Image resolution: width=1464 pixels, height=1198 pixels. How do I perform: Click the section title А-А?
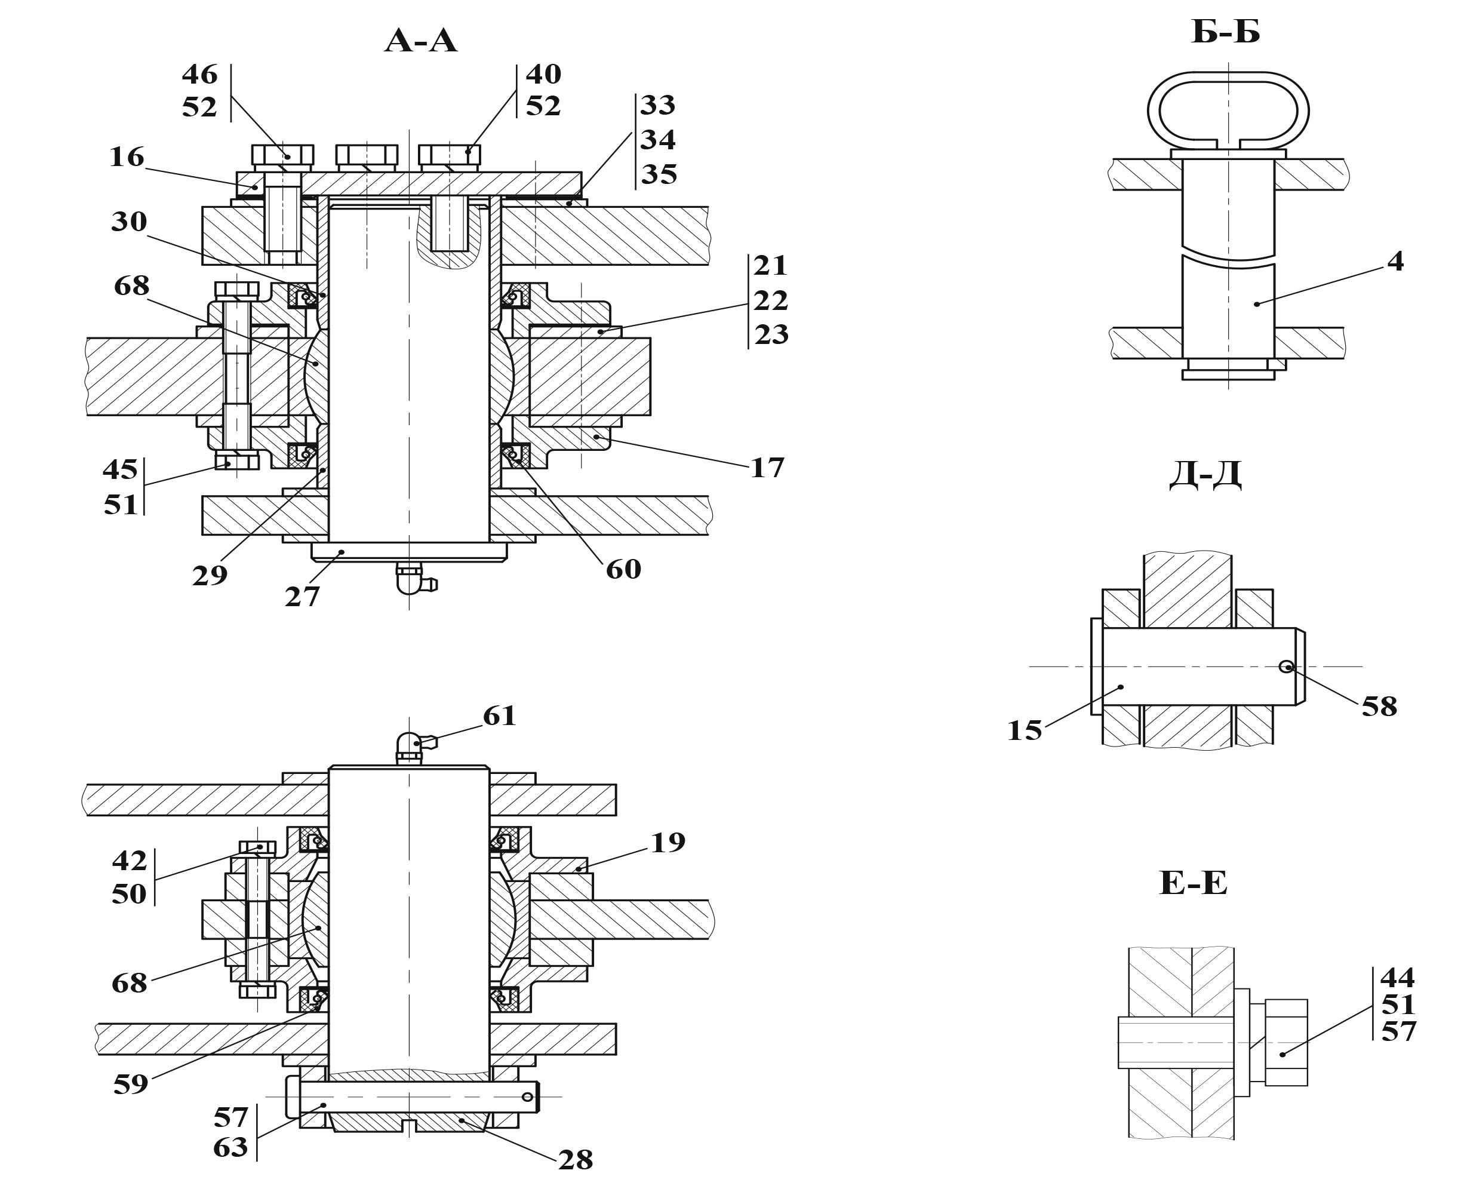(x=421, y=41)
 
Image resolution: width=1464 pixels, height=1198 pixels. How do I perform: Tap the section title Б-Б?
(x=1225, y=32)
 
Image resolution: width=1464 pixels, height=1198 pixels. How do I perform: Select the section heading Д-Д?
(x=1205, y=474)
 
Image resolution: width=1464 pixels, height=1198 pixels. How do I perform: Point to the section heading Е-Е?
(x=1194, y=883)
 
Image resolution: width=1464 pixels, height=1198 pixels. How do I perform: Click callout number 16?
(x=127, y=157)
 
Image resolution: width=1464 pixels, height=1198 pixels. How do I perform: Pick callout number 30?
(x=129, y=222)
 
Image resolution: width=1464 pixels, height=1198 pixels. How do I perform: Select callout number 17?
(x=767, y=468)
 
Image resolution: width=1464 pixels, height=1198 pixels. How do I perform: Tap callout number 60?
(x=623, y=569)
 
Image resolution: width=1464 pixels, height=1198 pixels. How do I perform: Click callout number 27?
(x=302, y=597)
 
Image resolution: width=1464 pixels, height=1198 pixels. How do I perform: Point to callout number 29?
(x=210, y=575)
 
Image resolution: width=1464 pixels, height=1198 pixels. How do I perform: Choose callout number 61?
(x=500, y=715)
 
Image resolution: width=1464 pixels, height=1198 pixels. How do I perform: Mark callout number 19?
(x=668, y=842)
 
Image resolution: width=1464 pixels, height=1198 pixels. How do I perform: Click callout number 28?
(x=576, y=1159)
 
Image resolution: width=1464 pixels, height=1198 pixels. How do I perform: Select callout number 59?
(x=130, y=1084)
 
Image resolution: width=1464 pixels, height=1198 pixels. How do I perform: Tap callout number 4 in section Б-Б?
(x=1395, y=262)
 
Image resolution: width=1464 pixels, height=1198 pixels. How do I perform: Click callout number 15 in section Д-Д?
(x=1025, y=730)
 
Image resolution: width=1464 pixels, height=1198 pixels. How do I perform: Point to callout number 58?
(x=1379, y=706)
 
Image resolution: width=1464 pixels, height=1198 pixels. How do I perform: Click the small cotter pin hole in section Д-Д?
(x=1287, y=666)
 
